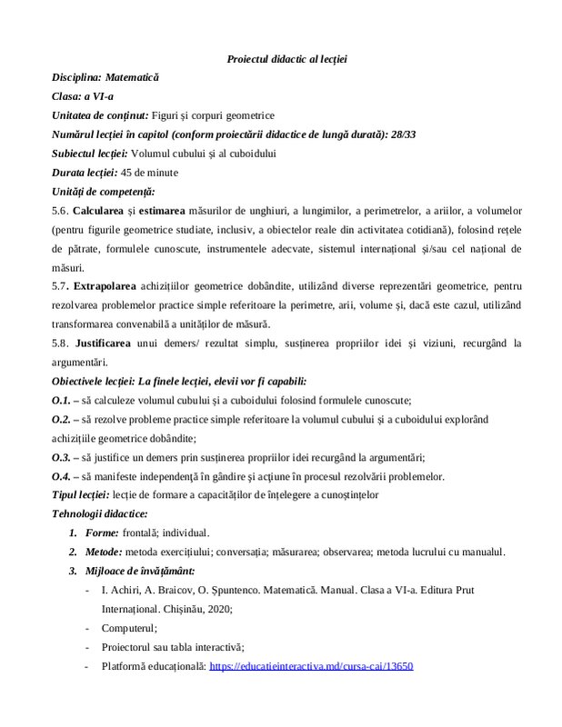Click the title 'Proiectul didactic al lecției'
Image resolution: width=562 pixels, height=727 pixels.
point(286,59)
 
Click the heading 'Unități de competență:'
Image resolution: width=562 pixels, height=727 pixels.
point(104,192)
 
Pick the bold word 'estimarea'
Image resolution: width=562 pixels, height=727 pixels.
point(192,211)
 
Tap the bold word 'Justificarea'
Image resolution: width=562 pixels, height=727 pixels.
point(116,344)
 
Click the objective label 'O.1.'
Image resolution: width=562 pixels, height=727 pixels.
point(65,401)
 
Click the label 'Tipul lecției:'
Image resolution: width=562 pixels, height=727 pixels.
point(80,495)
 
